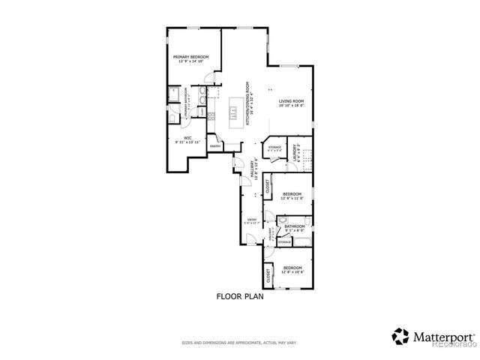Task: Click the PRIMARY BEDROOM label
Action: tap(190, 58)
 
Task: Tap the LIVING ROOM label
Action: tap(291, 102)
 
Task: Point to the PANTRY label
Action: tap(214, 146)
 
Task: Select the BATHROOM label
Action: tap(294, 227)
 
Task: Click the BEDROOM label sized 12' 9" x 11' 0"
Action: tap(292, 194)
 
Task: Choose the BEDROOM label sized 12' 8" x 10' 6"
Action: tap(292, 269)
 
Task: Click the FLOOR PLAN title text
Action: tap(240, 295)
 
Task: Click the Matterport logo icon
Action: tap(401, 335)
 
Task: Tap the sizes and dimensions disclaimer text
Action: tap(239, 342)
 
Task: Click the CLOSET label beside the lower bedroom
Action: tap(268, 275)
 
